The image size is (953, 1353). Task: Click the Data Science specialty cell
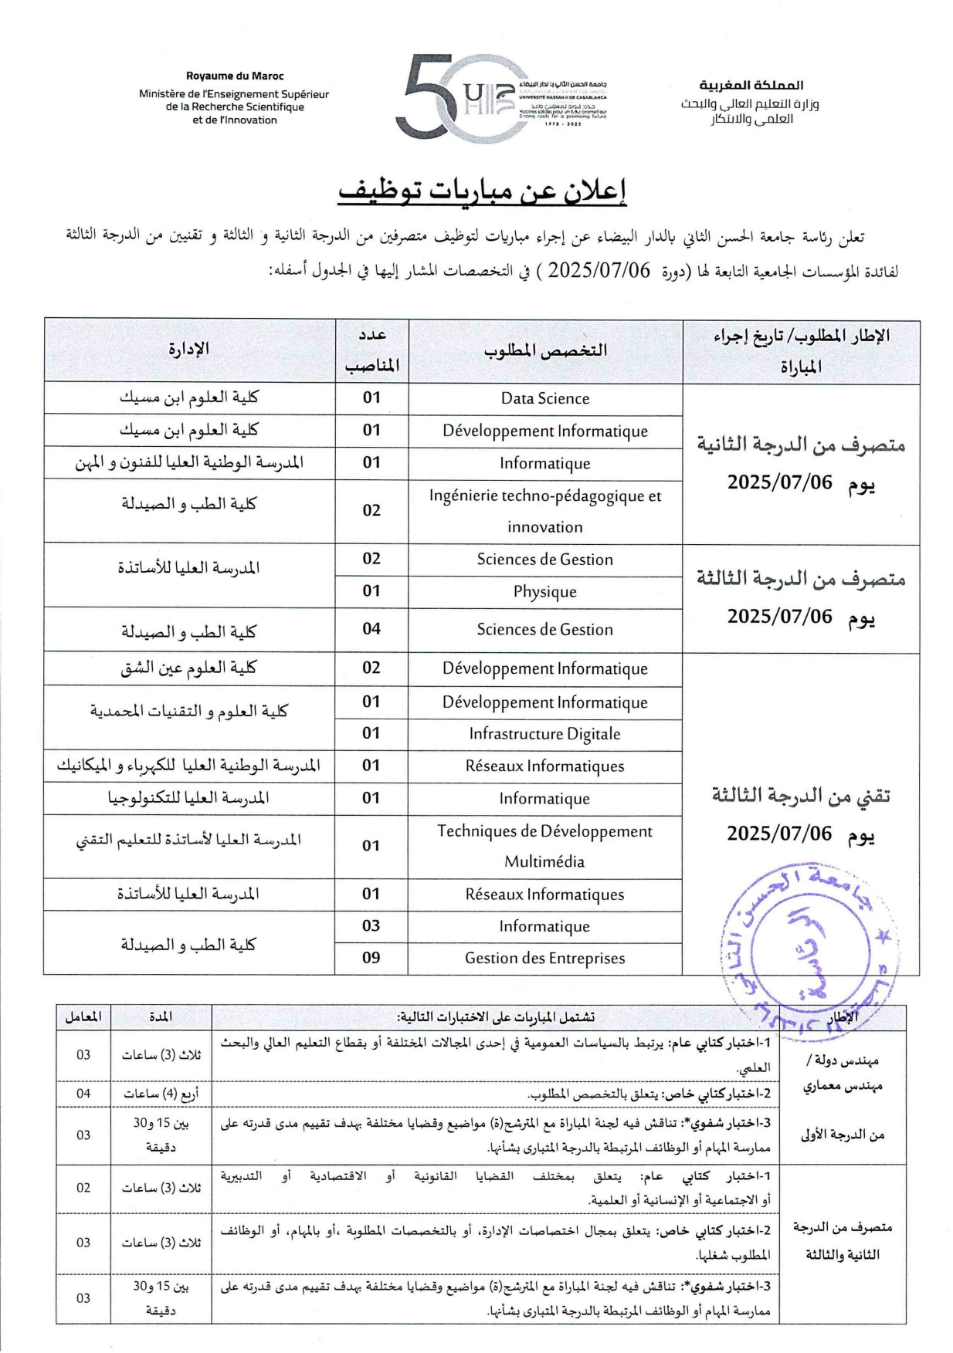[544, 398]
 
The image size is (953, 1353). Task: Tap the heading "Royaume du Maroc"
[234, 76]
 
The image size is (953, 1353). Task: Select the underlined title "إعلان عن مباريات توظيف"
[482, 192]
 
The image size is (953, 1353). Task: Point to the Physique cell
[544, 592]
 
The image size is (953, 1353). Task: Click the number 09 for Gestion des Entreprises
[371, 958]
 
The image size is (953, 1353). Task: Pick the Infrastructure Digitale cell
[544, 734]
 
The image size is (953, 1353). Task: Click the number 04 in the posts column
[371, 629]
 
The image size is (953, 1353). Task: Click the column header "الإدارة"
[188, 350]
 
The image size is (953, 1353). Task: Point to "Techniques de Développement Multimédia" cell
[544, 846]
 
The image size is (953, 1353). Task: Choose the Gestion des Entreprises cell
[544, 958]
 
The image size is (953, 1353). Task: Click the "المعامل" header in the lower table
[83, 1016]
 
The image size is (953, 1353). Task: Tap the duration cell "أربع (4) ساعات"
[161, 1094]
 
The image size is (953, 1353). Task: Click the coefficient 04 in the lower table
[83, 1094]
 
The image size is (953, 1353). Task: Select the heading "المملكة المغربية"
[751, 85]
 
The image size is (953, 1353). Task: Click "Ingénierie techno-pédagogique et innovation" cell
[544, 511]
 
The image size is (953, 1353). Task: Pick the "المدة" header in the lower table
[161, 1016]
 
